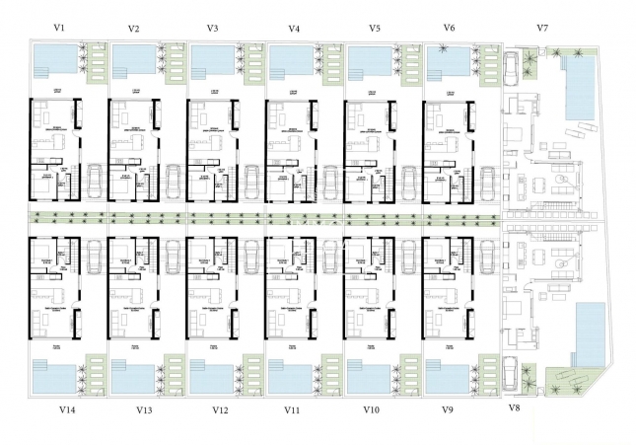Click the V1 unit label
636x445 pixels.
click(60, 28)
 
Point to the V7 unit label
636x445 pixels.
click(541, 28)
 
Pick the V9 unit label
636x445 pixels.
click(449, 408)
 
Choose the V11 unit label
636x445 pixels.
click(292, 408)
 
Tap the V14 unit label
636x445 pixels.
click(67, 408)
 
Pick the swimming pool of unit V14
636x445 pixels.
click(56, 378)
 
